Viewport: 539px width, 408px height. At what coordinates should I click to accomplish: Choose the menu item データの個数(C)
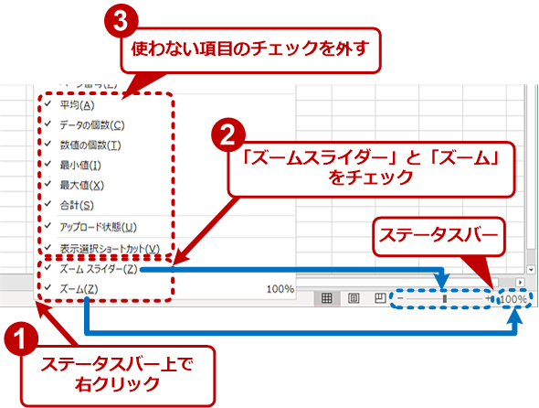92,124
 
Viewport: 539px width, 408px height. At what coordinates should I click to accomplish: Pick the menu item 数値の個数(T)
90,145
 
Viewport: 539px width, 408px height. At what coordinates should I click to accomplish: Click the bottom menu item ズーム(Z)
79,289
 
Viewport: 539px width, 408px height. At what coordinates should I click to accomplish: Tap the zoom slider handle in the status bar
445,298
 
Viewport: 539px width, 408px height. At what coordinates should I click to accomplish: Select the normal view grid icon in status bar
326,298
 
